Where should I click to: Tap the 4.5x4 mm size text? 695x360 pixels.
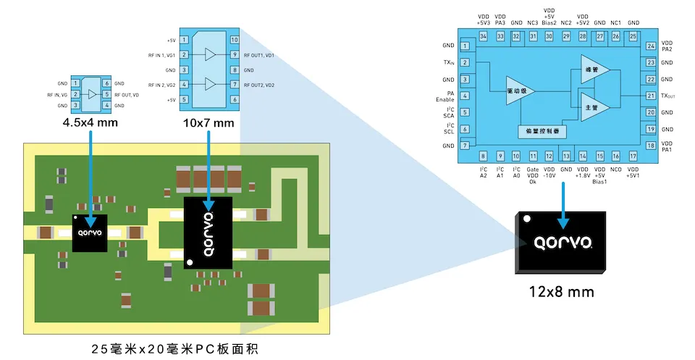[x=90, y=122]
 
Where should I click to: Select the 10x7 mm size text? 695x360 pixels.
[x=209, y=122]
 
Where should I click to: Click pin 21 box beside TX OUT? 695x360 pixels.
[x=651, y=96]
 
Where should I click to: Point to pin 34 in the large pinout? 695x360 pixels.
[x=483, y=35]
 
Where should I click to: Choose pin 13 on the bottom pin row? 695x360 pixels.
[x=566, y=156]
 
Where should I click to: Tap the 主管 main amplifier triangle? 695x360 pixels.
[x=593, y=106]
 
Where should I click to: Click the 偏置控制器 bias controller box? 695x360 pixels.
[x=542, y=132]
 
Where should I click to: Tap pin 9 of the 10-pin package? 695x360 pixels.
[x=235, y=55]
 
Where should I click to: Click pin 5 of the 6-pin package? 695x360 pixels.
[x=107, y=95]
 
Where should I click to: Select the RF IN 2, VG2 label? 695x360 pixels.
[x=162, y=85]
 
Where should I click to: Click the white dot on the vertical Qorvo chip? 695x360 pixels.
[x=190, y=261]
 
